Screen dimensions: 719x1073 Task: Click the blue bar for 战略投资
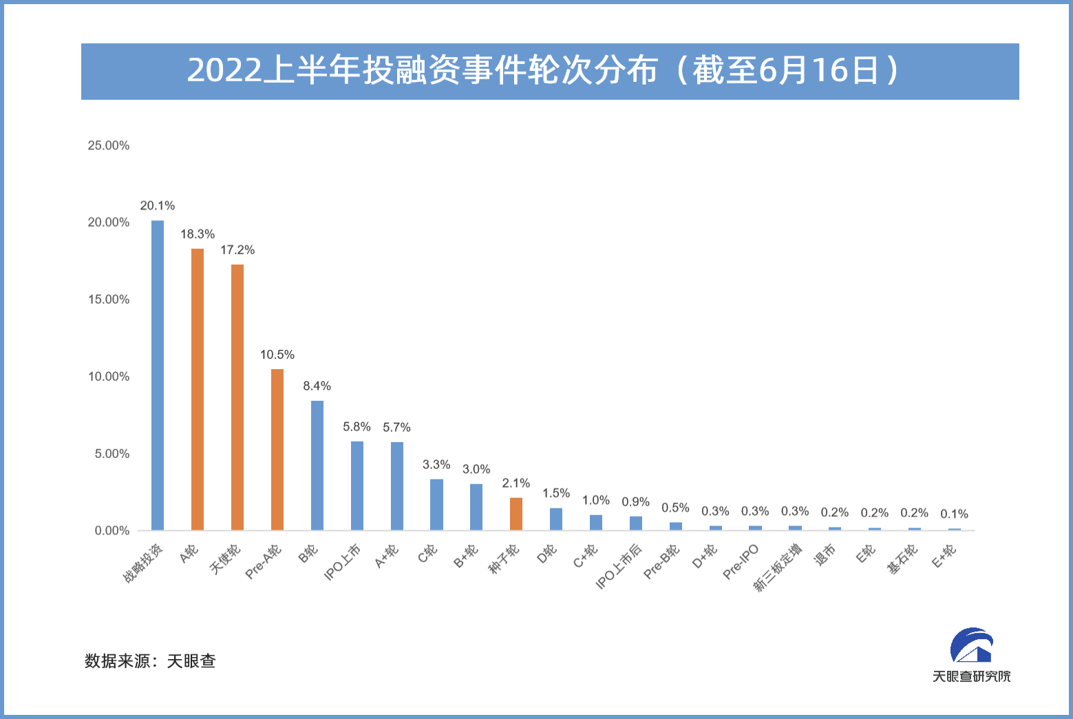pyautogui.click(x=158, y=375)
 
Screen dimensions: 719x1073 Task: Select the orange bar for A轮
pyautogui.click(x=198, y=389)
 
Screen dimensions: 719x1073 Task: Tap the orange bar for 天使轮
pyautogui.click(x=237, y=397)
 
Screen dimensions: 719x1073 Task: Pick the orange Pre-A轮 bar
pyautogui.click(x=277, y=450)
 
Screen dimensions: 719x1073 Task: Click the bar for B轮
pyautogui.click(x=317, y=466)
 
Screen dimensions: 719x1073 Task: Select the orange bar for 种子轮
pyautogui.click(x=516, y=514)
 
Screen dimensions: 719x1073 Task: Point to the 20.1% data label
pyautogui.click(x=158, y=206)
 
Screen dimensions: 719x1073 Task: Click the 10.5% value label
pyautogui.click(x=277, y=355)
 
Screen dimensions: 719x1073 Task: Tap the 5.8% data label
pyautogui.click(x=357, y=427)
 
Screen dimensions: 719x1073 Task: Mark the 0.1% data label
pyautogui.click(x=954, y=514)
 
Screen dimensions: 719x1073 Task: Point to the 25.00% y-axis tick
pyautogui.click(x=109, y=145)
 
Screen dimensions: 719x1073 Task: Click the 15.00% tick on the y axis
pyautogui.click(x=109, y=300)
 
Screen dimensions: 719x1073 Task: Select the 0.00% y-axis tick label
pyautogui.click(x=112, y=531)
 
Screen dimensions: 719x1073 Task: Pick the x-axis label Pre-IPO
pyautogui.click(x=741, y=562)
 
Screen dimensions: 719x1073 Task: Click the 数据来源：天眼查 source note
pyautogui.click(x=150, y=661)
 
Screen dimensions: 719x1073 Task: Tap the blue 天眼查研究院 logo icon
pyautogui.click(x=971, y=645)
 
